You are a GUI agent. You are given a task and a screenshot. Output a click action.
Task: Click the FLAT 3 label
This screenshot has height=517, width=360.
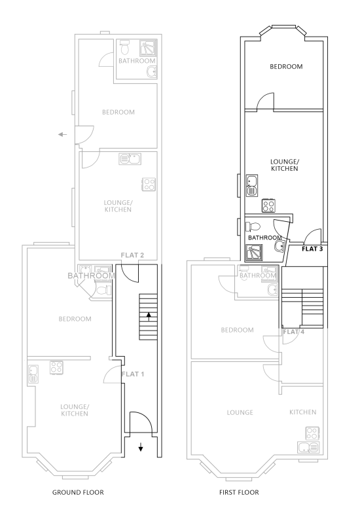[312, 249]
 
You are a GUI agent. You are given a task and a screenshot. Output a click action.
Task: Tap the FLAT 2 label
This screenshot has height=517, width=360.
[132, 255]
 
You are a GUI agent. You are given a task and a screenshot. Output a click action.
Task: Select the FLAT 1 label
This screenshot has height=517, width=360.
[132, 374]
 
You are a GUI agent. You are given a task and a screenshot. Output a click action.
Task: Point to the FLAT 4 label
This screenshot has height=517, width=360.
[293, 332]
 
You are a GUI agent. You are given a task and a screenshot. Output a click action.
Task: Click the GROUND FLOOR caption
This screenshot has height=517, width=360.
[78, 493]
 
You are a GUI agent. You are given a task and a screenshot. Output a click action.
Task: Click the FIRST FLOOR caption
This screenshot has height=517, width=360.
[239, 493]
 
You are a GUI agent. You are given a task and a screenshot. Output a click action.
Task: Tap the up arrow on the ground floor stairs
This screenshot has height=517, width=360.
[149, 317]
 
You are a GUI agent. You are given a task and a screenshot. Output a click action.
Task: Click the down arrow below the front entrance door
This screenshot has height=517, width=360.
[141, 447]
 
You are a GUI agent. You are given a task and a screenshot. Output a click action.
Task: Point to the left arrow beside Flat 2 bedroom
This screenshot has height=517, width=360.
[62, 135]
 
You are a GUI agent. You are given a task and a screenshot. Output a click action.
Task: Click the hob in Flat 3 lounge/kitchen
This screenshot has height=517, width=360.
[268, 205]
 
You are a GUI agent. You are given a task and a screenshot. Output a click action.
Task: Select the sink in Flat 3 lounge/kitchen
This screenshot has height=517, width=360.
[252, 186]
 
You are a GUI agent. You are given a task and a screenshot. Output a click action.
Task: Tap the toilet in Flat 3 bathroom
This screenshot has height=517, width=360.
[253, 226]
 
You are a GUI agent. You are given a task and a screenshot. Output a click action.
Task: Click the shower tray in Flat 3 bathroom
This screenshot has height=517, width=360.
[253, 252]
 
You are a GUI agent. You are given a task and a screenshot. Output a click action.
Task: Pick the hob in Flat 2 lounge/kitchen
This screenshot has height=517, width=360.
[149, 184]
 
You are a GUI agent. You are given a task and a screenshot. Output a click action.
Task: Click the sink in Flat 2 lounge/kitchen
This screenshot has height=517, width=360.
[130, 159]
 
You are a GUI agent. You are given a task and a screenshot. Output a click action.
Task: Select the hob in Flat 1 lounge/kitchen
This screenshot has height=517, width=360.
[56, 368]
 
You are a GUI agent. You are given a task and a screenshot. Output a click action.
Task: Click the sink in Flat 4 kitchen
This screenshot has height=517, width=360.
[308, 448]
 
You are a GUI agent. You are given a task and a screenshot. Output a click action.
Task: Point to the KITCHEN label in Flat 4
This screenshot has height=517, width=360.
[302, 412]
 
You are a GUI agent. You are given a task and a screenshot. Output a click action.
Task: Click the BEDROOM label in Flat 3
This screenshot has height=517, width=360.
[286, 67]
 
